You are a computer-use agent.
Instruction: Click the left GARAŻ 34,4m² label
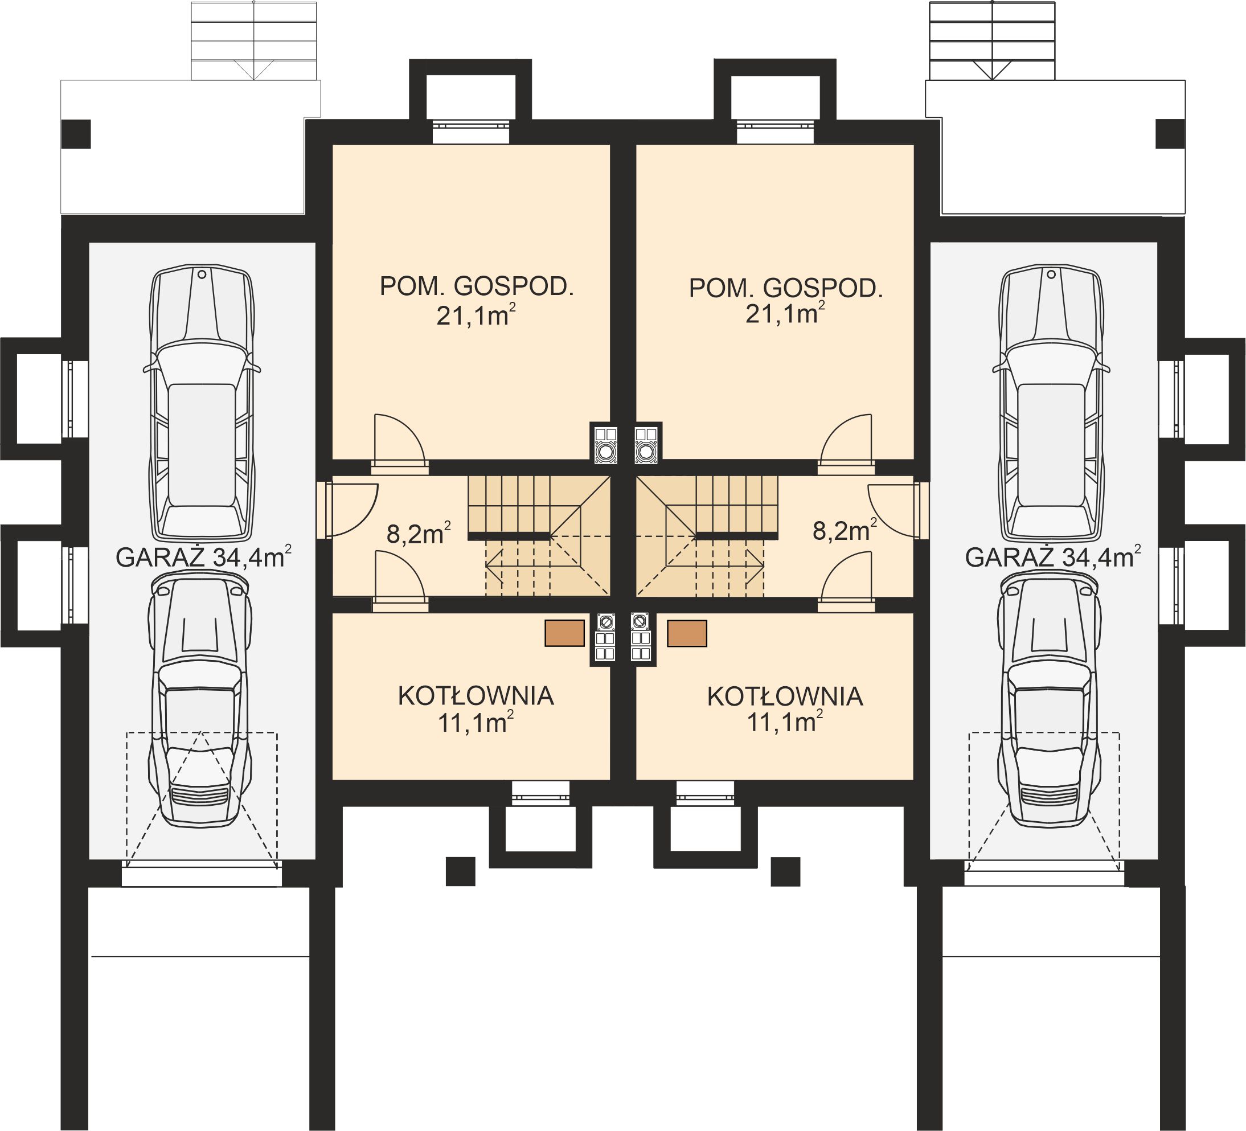click(203, 558)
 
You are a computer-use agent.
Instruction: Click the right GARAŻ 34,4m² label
click(1052, 558)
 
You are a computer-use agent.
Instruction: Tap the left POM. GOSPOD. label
click(477, 287)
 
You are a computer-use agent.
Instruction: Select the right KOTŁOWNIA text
click(785, 696)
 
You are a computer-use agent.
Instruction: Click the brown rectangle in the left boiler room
click(564, 633)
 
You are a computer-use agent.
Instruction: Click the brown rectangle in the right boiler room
click(687, 633)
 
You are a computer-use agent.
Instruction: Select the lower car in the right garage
click(1050, 698)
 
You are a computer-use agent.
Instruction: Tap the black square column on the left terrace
click(76, 134)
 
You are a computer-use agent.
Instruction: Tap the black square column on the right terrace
click(1170, 134)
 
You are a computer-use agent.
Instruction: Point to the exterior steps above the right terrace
click(991, 40)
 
